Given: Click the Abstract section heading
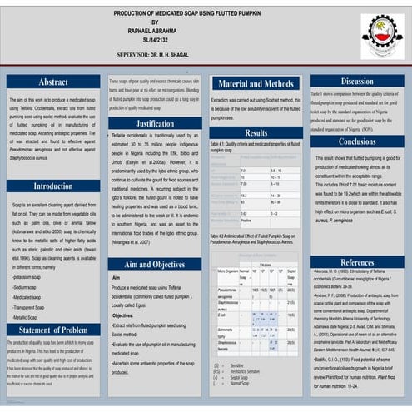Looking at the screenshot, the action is tap(53, 82).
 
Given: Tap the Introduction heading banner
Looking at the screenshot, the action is tap(53, 186).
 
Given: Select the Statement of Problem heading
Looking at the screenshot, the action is tap(53, 330).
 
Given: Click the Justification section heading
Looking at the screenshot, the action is tap(155, 122).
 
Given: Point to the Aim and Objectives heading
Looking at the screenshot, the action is tap(155, 263).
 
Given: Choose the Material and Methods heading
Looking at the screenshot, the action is tap(256, 83).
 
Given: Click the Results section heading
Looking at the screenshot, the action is tap(256, 132).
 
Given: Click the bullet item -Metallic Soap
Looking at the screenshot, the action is tap(27, 318).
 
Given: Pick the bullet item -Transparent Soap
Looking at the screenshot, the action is tap(31, 307).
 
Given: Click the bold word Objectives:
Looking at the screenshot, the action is tap(123, 316).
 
